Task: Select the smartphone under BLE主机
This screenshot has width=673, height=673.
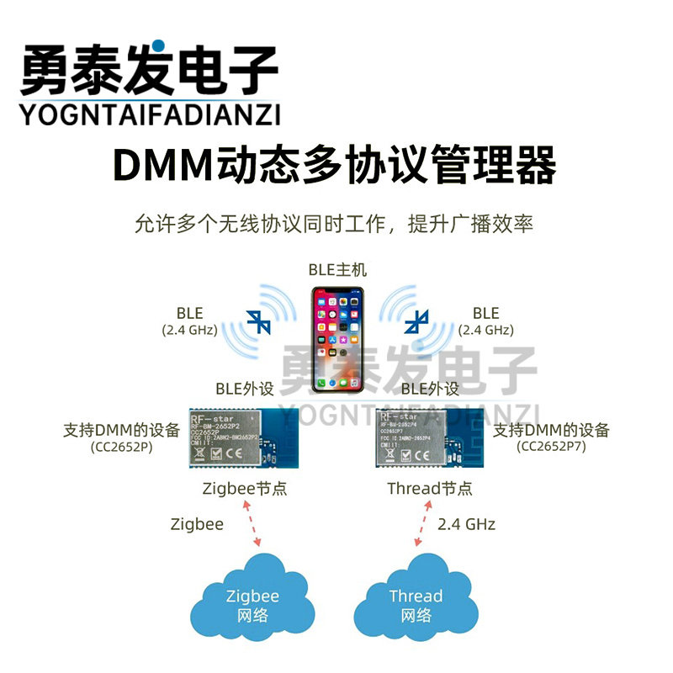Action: click(340, 338)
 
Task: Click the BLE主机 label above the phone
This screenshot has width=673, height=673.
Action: click(337, 270)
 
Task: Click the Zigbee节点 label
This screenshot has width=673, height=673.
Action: click(245, 489)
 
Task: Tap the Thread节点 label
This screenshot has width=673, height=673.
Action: click(429, 489)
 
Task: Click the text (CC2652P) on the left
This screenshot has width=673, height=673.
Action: click(122, 447)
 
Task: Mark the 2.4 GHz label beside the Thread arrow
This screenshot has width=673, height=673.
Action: click(466, 524)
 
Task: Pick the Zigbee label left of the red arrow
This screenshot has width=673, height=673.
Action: click(197, 524)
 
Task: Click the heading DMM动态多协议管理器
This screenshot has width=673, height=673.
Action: click(335, 165)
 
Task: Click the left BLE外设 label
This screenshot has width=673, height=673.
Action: click(245, 389)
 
